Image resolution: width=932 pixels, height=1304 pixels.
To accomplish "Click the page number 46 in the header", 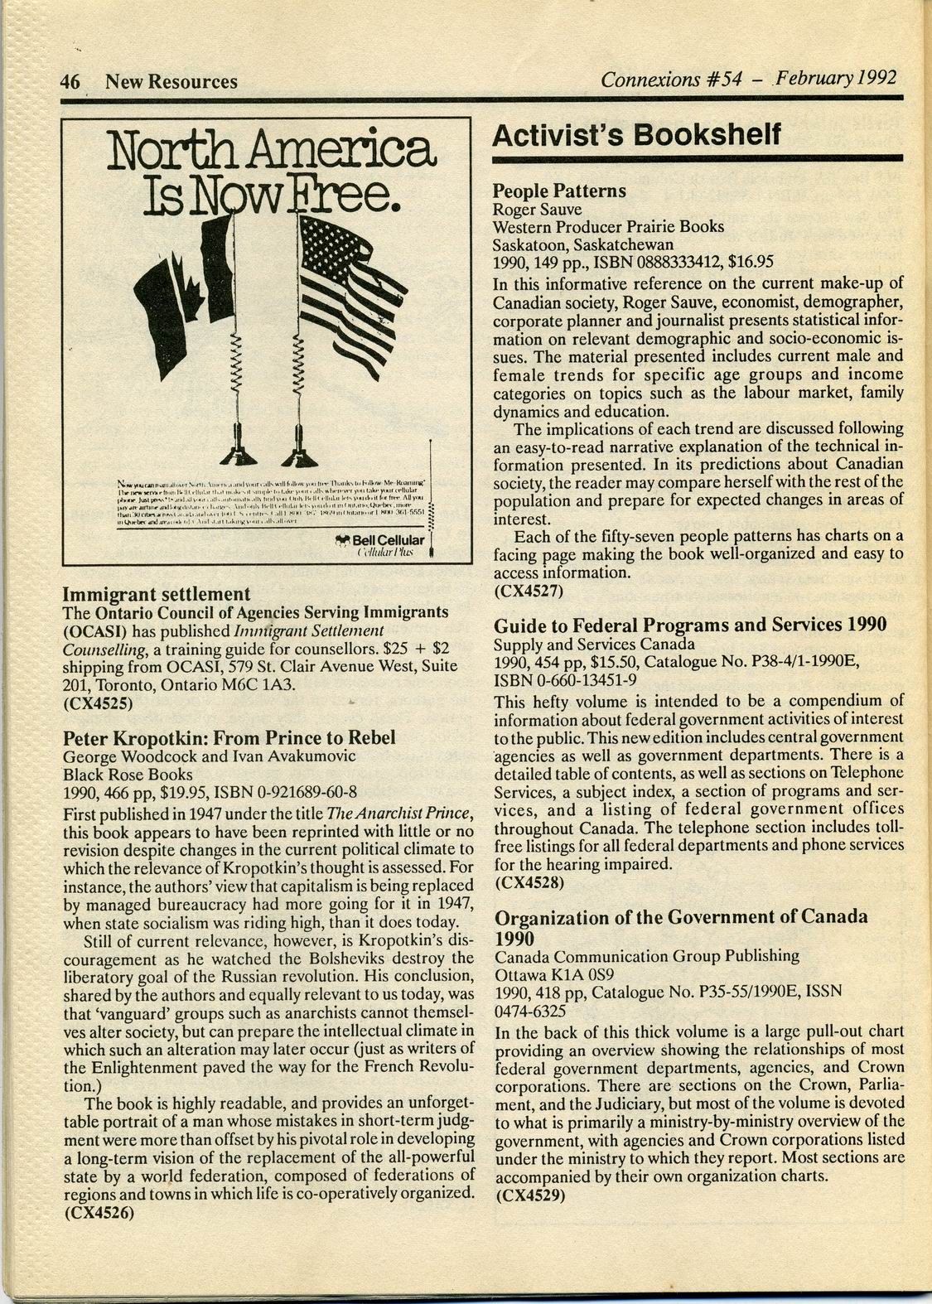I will coord(69,81).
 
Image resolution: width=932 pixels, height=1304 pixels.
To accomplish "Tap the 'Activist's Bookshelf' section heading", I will coord(636,135).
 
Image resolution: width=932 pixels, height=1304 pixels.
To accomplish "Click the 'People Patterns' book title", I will coord(559,191).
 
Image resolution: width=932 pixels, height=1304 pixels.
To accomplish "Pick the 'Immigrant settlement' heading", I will coord(157,593).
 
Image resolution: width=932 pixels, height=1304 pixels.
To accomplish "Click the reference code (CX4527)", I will coord(529,591).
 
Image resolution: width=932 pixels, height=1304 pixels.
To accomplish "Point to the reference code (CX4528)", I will coord(529,882).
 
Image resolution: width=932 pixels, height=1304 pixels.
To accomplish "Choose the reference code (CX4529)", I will coord(529,1195).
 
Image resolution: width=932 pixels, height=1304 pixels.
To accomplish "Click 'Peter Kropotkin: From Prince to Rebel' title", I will coord(229,737).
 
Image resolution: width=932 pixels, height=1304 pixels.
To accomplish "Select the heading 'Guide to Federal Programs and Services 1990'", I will coord(690,625).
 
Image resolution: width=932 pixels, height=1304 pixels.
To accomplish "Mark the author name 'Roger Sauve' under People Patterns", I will coord(537,210).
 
